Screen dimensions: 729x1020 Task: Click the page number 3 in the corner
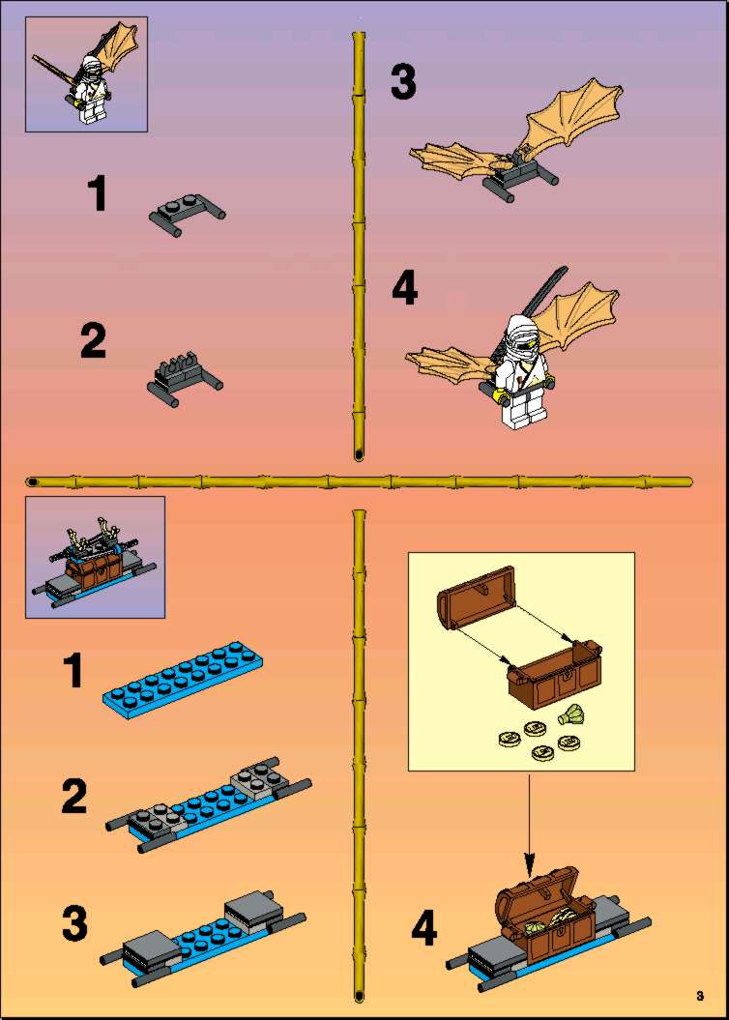700,996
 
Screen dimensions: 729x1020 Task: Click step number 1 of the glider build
98,193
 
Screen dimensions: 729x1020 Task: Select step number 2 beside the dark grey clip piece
93,341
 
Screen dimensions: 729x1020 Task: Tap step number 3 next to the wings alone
403,82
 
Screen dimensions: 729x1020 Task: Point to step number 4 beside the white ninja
404,289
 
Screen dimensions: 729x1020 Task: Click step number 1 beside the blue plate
73,671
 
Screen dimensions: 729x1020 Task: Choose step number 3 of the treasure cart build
74,923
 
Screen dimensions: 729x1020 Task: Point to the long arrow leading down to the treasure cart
529,826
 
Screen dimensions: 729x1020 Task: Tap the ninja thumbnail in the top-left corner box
86,74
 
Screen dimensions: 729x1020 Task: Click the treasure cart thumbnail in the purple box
95,558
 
